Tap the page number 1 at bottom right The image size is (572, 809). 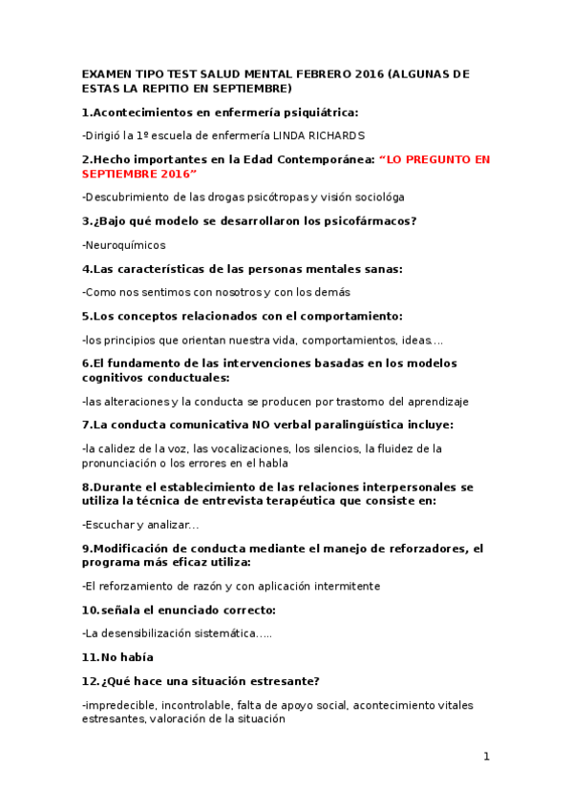pyautogui.click(x=486, y=757)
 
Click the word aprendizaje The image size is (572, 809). pyautogui.click(x=432, y=402)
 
